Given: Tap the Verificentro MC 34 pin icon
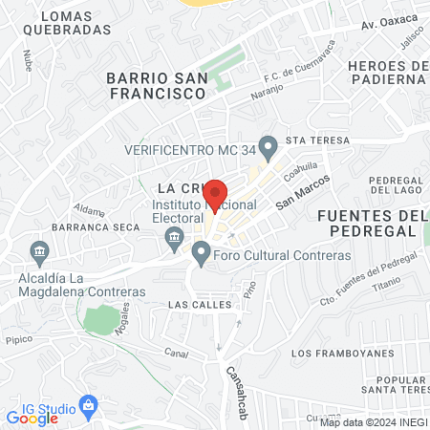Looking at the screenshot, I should (269, 147).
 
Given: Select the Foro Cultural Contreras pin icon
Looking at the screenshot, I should (201, 254).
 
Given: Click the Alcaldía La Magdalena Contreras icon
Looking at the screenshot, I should (39, 253).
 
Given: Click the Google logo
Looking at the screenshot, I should (32, 418).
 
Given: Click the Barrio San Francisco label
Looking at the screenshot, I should (156, 86).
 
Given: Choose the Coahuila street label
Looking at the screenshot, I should (299, 168).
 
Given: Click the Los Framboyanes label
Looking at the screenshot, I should (341, 353).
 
